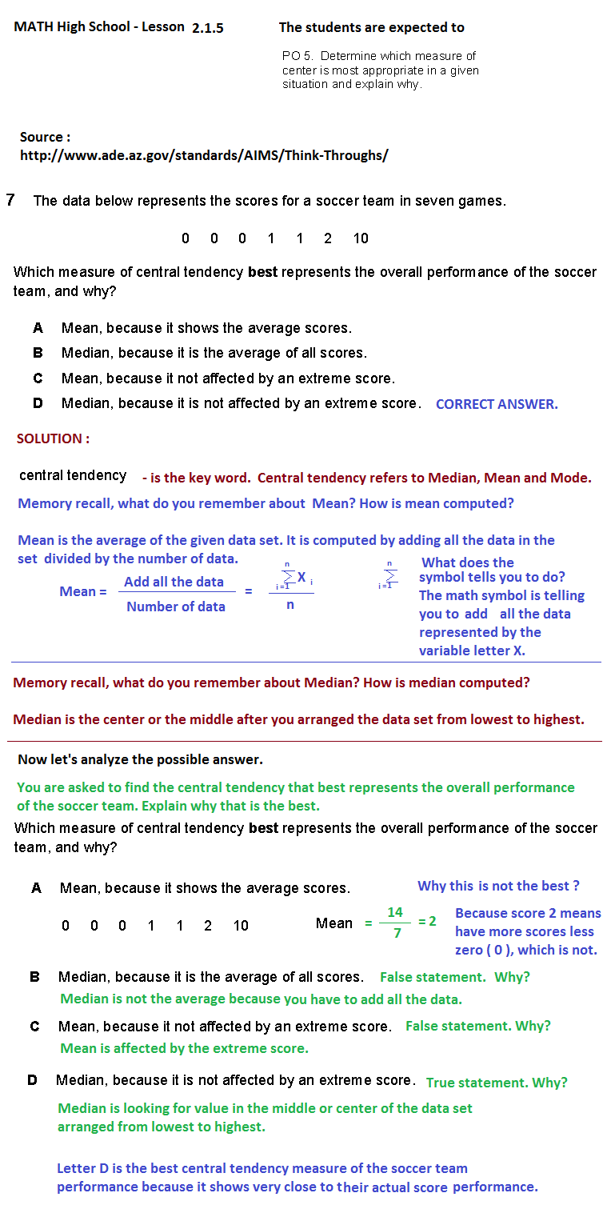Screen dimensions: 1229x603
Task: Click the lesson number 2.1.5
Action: pyautogui.click(x=208, y=28)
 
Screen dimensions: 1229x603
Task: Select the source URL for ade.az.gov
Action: pyautogui.click(x=204, y=155)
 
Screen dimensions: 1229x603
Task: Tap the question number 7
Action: pyautogui.click(x=10, y=200)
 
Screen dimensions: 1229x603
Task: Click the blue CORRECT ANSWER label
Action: pyautogui.click(x=497, y=404)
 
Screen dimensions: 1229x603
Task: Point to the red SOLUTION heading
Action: pyautogui.click(x=53, y=438)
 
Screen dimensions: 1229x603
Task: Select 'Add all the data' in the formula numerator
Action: pyautogui.click(x=174, y=582)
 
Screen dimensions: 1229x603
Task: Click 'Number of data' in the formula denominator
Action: pyautogui.click(x=176, y=606)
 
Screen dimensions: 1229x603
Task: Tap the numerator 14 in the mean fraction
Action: pyautogui.click(x=395, y=912)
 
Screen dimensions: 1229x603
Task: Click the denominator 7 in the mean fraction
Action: pyautogui.click(x=397, y=933)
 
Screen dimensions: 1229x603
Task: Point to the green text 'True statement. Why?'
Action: pyautogui.click(x=497, y=1083)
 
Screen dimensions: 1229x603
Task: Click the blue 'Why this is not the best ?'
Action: pyautogui.click(x=498, y=886)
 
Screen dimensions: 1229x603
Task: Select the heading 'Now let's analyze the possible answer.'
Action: pyautogui.click(x=140, y=759)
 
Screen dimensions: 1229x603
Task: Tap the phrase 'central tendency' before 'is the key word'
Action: pyautogui.click(x=73, y=475)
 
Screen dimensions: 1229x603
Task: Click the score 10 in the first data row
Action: pyautogui.click(x=361, y=238)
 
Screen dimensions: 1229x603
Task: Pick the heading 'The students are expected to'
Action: pyautogui.click(x=371, y=27)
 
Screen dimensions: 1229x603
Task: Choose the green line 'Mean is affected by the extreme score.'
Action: pyautogui.click(x=184, y=1048)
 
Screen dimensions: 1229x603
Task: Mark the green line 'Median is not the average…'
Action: pyautogui.click(x=261, y=999)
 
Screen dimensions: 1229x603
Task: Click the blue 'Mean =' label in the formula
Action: pyautogui.click(x=83, y=592)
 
